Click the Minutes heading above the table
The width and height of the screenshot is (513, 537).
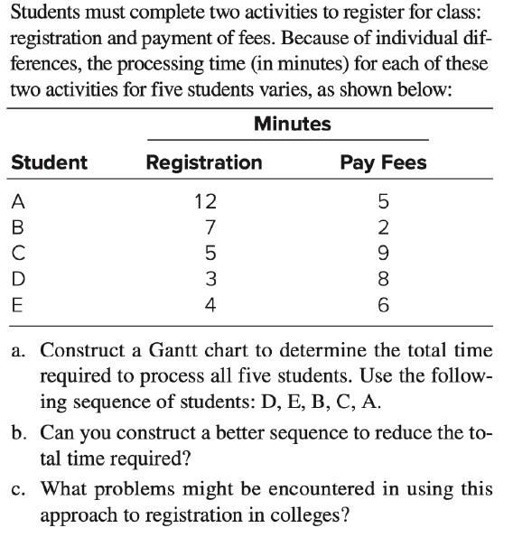[292, 124]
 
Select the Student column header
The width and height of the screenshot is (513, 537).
[49, 162]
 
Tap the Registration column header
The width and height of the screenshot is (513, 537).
[204, 162]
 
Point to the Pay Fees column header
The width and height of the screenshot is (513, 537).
[383, 162]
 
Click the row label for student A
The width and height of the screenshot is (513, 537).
[16, 200]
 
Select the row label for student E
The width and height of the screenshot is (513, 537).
[16, 305]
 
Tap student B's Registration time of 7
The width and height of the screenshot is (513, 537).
[209, 227]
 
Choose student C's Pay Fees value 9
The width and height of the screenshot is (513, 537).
[384, 253]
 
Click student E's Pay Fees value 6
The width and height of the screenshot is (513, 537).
[384, 305]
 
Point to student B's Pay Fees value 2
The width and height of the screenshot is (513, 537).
[384, 227]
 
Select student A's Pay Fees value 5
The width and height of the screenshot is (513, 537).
[384, 200]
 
